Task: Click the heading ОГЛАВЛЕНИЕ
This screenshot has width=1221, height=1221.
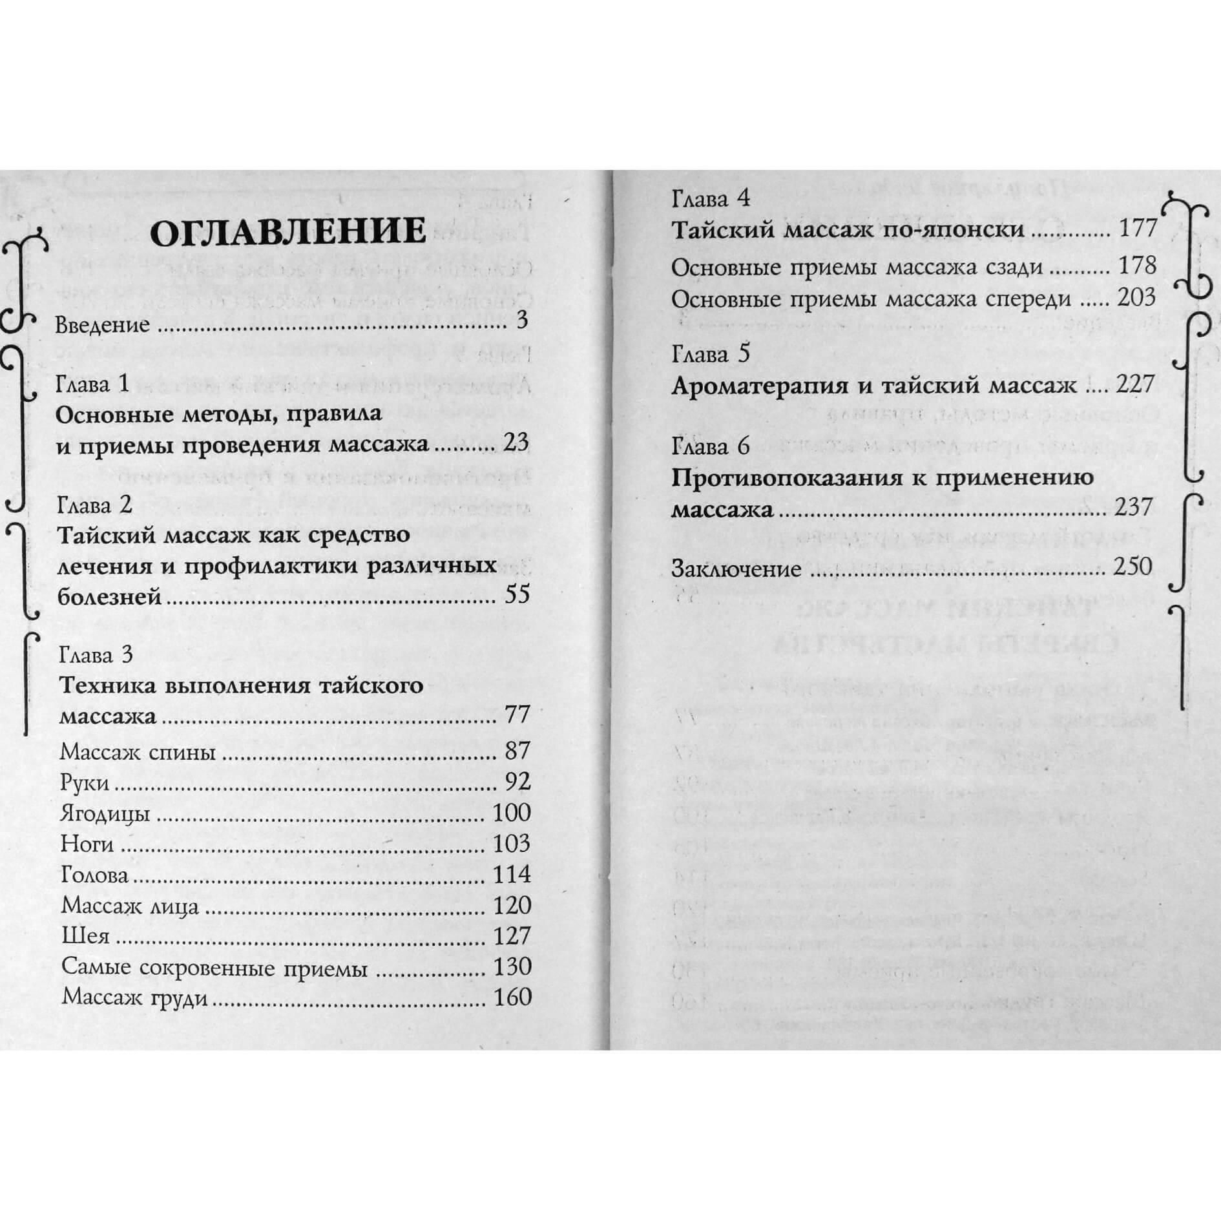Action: (287, 232)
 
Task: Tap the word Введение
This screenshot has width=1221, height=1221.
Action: (103, 324)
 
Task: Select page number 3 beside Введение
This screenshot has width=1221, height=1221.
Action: (523, 320)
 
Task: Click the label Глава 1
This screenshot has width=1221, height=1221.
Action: (93, 384)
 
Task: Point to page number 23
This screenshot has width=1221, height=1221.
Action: (515, 443)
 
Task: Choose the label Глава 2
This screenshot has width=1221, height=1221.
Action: (94, 505)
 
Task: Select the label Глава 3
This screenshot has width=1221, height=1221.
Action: (96, 655)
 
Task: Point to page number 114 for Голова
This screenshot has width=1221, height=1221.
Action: (512, 875)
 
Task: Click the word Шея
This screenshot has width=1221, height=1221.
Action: (85, 936)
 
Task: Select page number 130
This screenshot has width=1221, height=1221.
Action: (512, 967)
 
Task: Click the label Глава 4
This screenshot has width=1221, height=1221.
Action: (711, 198)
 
